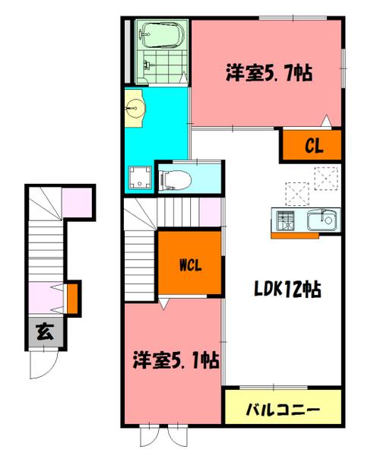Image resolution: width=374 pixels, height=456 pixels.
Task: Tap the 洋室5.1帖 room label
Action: [176, 359]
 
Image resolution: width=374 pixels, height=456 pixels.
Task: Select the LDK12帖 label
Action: [286, 290]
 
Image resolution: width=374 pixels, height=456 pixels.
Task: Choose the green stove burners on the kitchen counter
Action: [287, 222]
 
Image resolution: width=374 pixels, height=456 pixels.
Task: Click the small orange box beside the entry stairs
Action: [73, 297]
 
